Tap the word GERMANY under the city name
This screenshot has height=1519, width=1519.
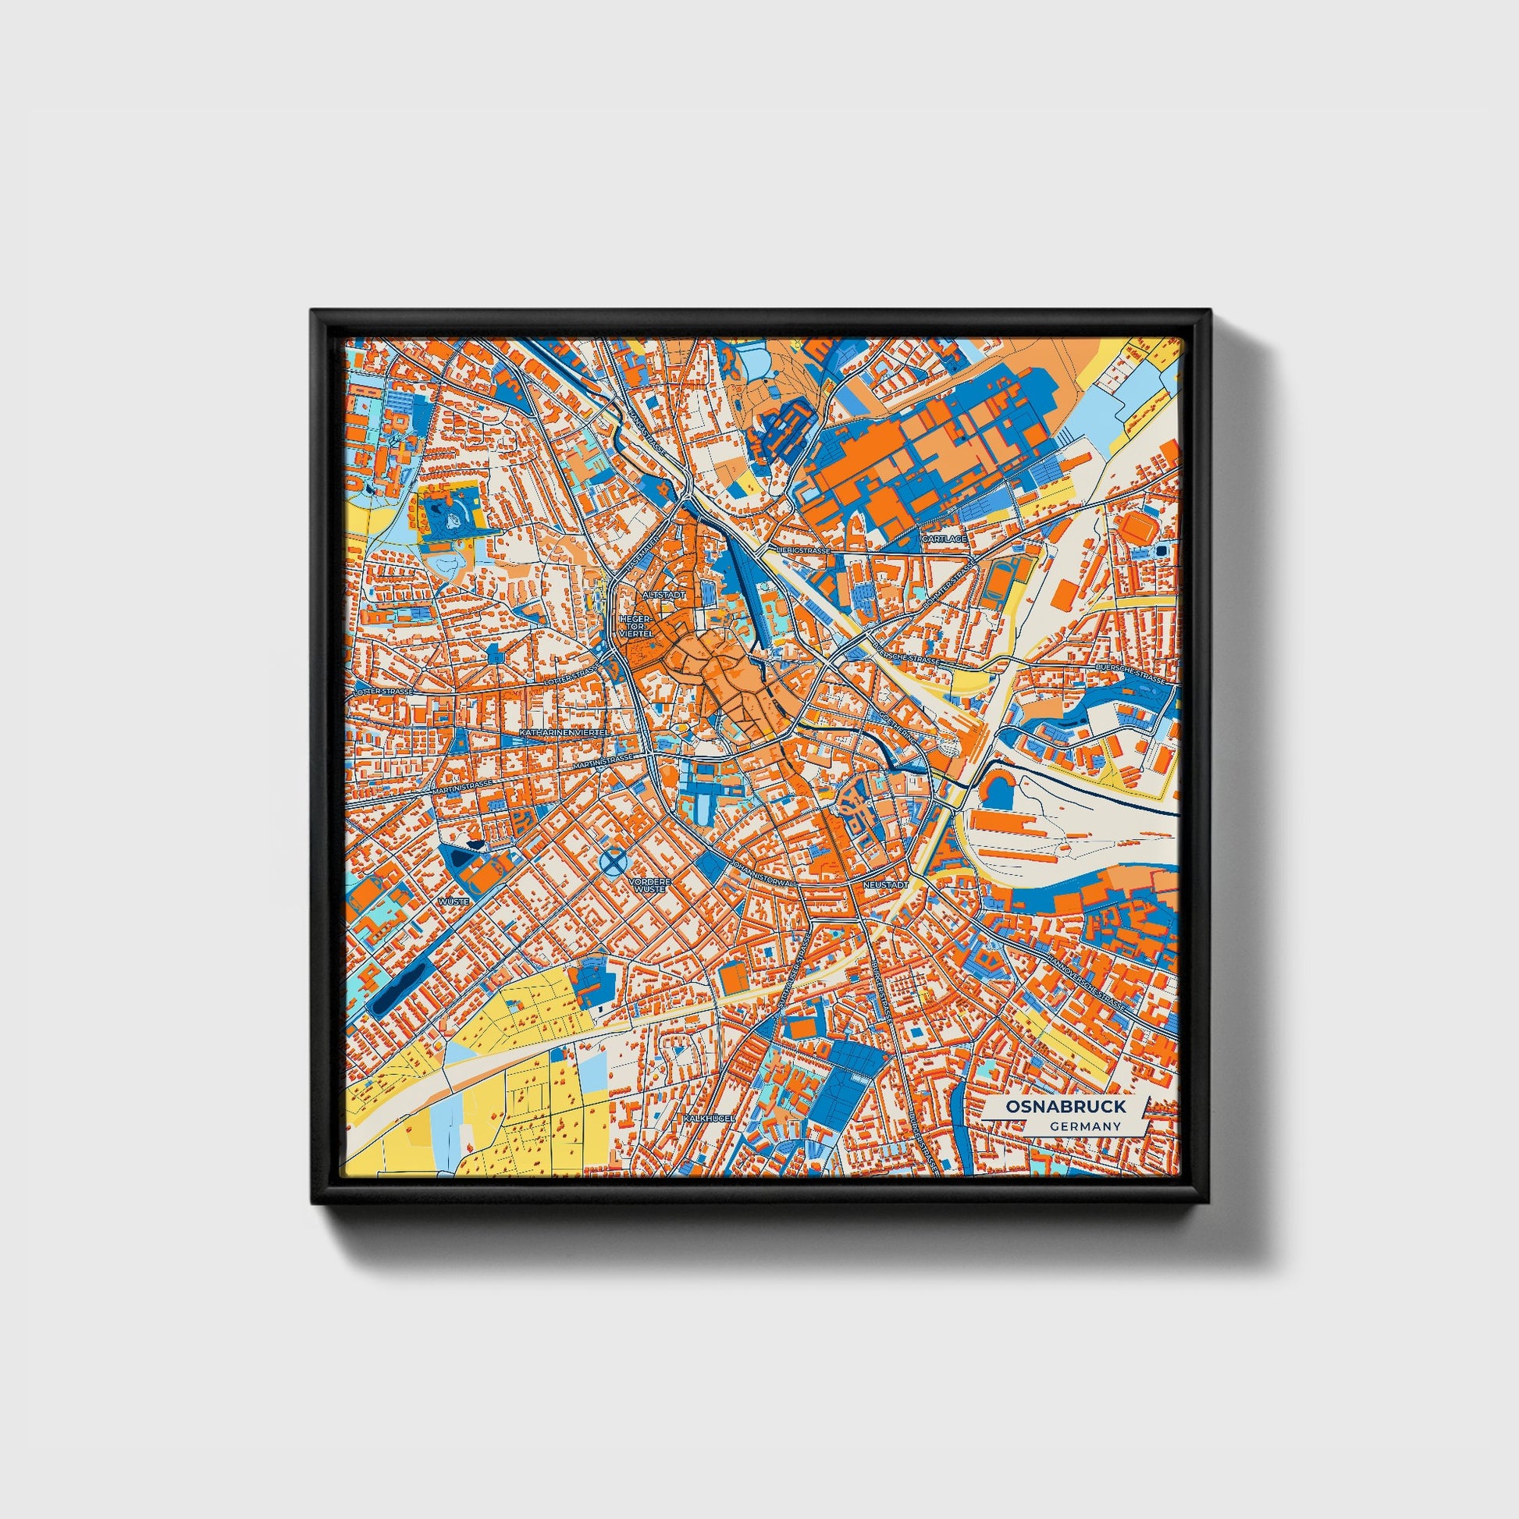[x=1084, y=1126]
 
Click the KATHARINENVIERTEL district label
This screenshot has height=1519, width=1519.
[x=564, y=732]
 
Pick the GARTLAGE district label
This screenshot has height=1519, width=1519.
[x=943, y=539]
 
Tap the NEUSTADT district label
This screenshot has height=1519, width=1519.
[x=885, y=884]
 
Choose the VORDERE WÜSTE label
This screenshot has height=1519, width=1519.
[x=649, y=885]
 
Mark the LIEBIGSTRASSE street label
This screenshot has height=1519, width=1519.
[x=802, y=551]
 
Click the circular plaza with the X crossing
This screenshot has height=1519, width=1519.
[x=614, y=863]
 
